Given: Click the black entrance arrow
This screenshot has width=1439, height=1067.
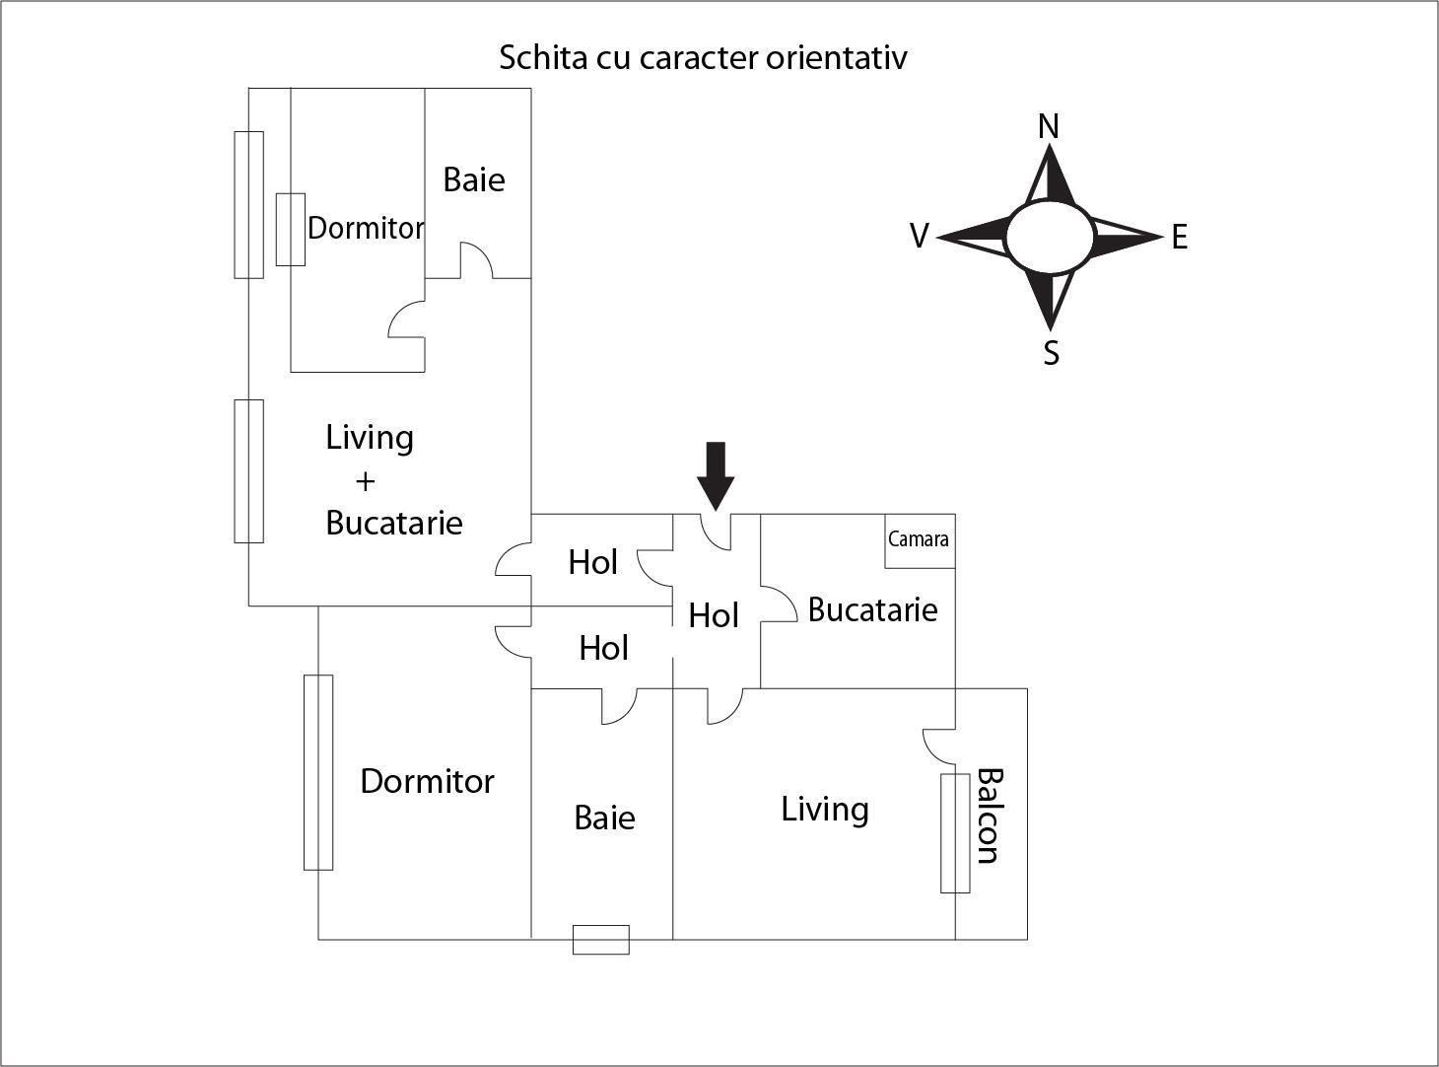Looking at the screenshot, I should [x=716, y=473].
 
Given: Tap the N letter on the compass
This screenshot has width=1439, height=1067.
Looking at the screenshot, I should [x=1049, y=126].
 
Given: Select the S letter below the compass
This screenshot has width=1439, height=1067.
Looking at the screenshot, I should [x=1051, y=352].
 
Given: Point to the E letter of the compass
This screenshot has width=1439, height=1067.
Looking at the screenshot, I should [x=1179, y=238].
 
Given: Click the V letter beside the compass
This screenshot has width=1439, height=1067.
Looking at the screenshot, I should [x=919, y=237].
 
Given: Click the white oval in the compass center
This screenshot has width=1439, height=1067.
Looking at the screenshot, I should [x=1050, y=237].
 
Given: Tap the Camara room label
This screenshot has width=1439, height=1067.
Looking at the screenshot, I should [x=918, y=539].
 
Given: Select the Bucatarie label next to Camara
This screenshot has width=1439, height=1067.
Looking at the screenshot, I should [x=872, y=609].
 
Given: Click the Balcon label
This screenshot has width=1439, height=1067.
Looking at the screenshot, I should [x=988, y=816].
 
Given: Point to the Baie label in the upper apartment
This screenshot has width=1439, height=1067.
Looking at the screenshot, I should [x=473, y=179].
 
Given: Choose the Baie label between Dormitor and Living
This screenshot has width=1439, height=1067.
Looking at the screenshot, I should [x=604, y=818].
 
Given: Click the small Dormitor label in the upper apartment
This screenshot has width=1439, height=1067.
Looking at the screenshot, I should [x=366, y=228].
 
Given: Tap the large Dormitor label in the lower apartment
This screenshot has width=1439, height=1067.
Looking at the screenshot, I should [x=427, y=781].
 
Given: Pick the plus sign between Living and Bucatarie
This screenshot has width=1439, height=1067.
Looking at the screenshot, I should [x=365, y=481].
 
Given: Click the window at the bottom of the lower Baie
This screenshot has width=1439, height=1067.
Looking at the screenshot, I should [x=601, y=940].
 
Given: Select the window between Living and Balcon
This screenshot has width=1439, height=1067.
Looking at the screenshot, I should [x=954, y=833].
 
